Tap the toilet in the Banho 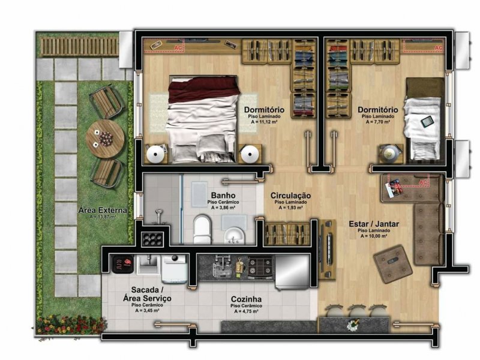pyautogui.click(x=202, y=227)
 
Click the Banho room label pyautogui.click(x=222, y=196)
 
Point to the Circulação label pyautogui.click(x=290, y=196)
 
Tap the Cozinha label pyautogui.click(x=245, y=299)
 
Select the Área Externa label pyautogui.click(x=102, y=211)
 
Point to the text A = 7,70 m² pyautogui.click(x=377, y=122)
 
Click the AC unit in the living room pyautogui.click(x=414, y=181)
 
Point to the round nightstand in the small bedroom pyautogui.click(x=391, y=153)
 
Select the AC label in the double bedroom pyautogui.click(x=178, y=45)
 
